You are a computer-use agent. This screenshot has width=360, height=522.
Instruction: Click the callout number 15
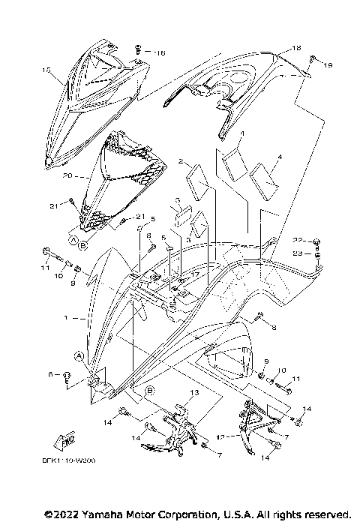[x=46, y=70]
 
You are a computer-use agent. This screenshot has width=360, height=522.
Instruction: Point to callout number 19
[x=327, y=66]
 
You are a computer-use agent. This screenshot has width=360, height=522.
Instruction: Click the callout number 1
[x=66, y=318]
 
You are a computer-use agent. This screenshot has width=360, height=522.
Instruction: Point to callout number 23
[x=297, y=253]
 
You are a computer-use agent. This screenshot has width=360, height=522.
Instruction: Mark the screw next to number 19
[x=313, y=58]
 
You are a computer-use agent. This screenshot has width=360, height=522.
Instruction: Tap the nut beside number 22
[x=318, y=241]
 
